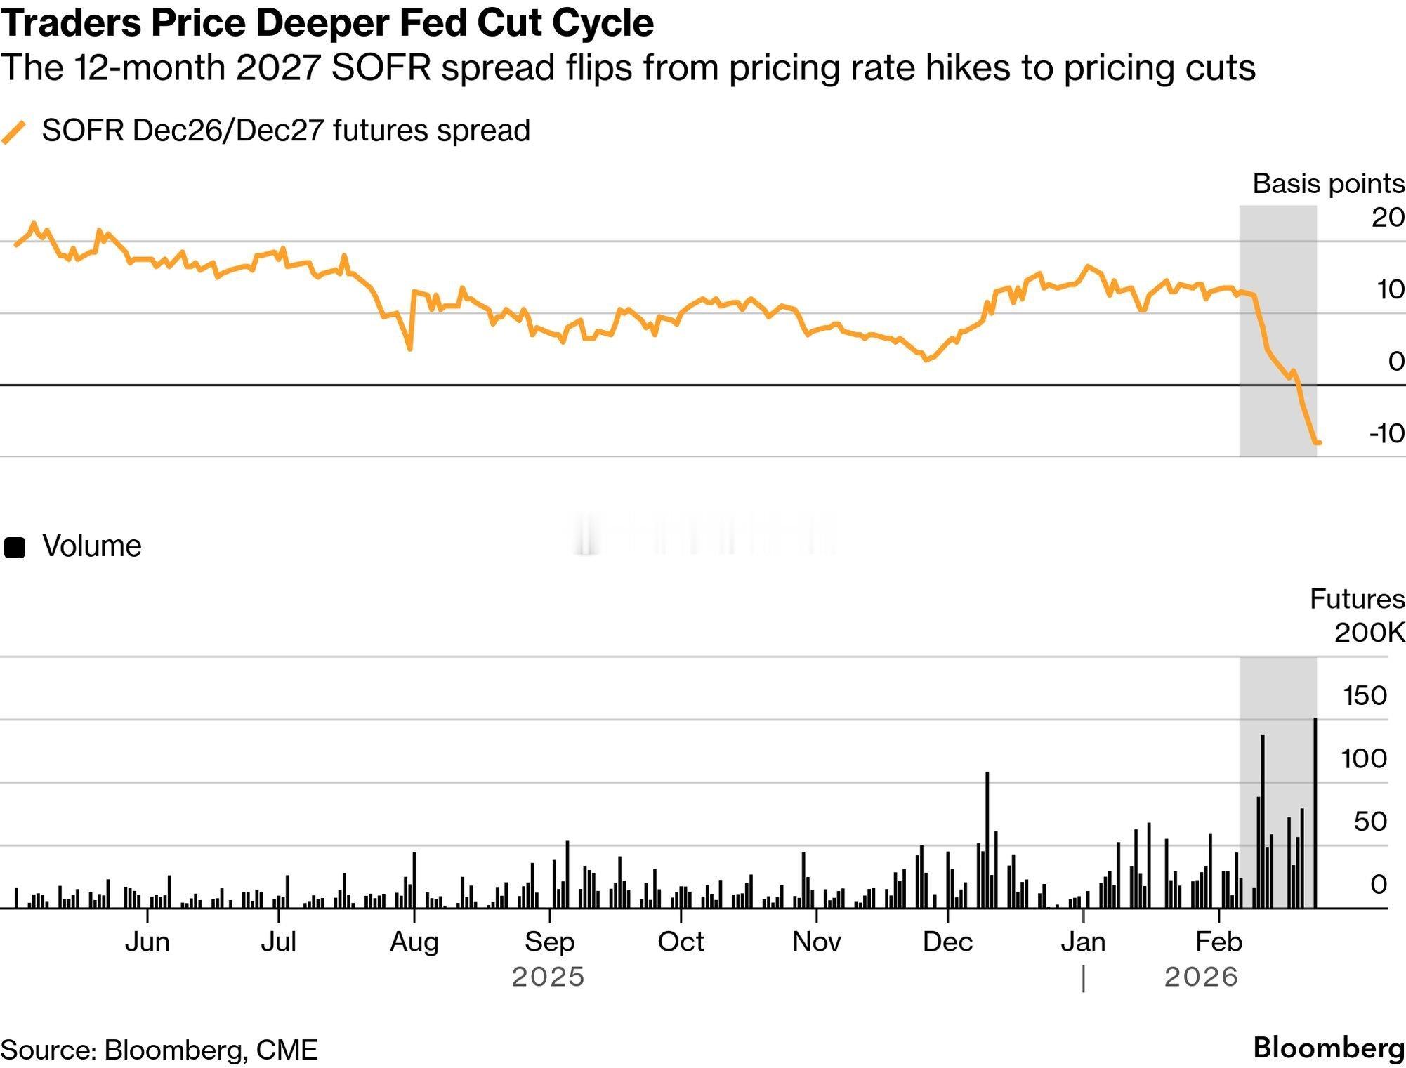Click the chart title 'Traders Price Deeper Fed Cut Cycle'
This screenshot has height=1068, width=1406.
point(327,22)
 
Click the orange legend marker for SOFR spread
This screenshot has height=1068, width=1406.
point(14,131)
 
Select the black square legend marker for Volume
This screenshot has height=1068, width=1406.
point(15,547)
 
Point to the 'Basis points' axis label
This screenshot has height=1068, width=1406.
point(1328,184)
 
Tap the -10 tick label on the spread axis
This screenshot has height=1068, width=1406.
point(1386,433)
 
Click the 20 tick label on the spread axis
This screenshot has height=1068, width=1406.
point(1388,218)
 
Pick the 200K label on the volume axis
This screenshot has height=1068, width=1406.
point(1369,633)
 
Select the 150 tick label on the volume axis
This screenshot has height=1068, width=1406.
point(1365,696)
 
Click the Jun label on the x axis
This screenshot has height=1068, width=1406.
point(147,942)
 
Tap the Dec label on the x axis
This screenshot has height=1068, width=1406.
point(947,942)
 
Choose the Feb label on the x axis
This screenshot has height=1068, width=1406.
point(1218,942)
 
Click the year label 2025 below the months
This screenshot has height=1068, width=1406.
point(548,977)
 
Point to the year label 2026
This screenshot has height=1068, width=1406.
point(1201,977)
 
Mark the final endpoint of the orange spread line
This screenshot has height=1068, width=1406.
point(1319,442)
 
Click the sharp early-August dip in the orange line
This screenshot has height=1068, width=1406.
point(409,347)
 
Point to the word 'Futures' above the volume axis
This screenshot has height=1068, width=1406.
point(1357,599)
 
